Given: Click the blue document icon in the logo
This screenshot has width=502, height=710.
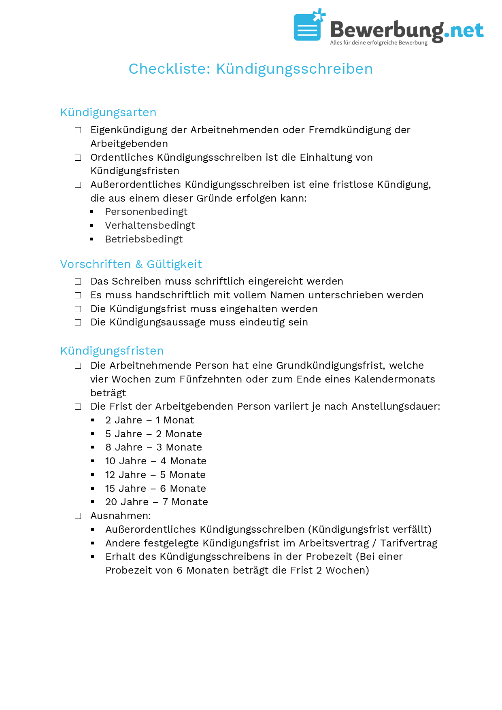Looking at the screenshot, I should (308, 27).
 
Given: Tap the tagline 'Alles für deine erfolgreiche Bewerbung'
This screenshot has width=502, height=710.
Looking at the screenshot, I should (379, 43).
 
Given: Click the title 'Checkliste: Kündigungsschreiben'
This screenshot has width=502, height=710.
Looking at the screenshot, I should (251, 69).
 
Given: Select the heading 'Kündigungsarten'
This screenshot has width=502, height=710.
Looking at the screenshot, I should (108, 113).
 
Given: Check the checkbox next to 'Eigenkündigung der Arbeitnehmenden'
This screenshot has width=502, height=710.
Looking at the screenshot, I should (78, 130).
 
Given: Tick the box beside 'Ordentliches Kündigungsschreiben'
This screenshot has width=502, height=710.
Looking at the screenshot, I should (78, 158).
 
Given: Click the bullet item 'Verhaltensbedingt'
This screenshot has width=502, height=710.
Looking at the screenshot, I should (150, 225).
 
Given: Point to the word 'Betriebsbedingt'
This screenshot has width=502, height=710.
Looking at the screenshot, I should (144, 239).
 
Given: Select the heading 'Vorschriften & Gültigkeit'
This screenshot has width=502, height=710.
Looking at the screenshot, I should (131, 264).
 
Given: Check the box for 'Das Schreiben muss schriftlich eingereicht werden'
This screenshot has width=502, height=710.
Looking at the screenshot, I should (78, 282).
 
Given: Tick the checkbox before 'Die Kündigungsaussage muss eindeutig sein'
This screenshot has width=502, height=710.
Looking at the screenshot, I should (78, 323).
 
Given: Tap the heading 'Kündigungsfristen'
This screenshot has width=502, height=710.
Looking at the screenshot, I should (112, 351).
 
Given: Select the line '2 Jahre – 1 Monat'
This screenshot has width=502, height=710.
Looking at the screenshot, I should (149, 420).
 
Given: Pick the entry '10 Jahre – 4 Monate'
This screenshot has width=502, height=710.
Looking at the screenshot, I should (155, 461).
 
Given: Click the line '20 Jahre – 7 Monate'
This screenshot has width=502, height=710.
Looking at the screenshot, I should (156, 502).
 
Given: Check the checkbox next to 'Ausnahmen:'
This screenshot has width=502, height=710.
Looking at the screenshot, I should (78, 516).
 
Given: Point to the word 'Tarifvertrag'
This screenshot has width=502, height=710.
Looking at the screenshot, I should (408, 543).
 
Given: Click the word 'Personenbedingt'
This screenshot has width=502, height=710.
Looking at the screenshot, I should (146, 212).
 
